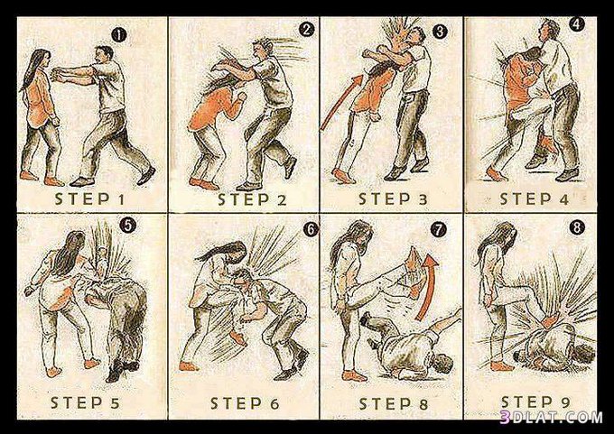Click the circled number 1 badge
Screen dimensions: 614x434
(x=119, y=35)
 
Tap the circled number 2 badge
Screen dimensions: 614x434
(x=307, y=30)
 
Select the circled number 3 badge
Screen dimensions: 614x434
(x=440, y=31)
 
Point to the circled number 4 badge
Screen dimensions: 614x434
(x=577, y=24)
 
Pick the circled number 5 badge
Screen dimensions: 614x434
(x=127, y=226)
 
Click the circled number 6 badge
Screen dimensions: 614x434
(x=311, y=229)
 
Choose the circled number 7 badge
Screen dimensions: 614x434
(x=439, y=230)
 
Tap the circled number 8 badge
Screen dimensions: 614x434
(x=577, y=227)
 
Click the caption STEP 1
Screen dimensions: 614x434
(x=89, y=199)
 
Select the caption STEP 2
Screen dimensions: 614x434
(x=252, y=199)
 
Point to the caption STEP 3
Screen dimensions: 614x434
(x=393, y=199)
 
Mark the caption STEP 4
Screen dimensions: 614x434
(x=535, y=199)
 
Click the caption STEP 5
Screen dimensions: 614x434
(x=85, y=402)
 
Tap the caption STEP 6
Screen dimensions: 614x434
(x=245, y=403)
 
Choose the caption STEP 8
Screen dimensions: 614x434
(x=393, y=404)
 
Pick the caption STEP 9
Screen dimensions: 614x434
(x=535, y=402)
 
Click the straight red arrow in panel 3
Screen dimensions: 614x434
(x=341, y=103)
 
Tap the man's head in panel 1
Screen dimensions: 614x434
(x=104, y=54)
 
